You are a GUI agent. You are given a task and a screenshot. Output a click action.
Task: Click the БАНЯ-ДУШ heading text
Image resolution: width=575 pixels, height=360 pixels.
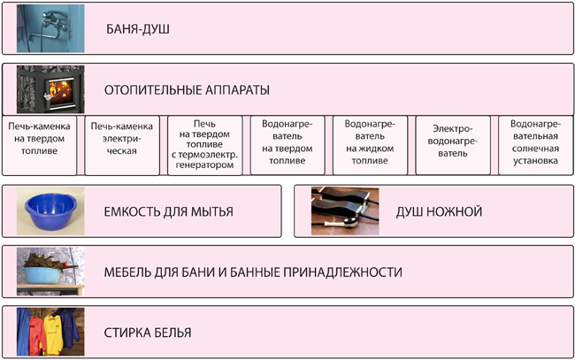138,29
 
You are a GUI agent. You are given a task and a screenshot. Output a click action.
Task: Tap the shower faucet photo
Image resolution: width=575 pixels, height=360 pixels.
50,28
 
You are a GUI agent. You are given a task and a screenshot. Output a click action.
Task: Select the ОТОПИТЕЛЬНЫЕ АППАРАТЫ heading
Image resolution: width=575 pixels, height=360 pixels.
187,90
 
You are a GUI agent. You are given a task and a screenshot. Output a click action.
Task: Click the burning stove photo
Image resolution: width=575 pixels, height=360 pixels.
50,89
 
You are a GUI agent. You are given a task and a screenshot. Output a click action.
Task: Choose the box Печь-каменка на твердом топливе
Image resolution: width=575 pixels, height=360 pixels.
39,145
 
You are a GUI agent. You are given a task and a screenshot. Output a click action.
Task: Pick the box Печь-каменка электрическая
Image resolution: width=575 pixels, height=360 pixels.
122,145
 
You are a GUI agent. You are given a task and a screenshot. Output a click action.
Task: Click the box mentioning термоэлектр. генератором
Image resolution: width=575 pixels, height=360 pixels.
204,145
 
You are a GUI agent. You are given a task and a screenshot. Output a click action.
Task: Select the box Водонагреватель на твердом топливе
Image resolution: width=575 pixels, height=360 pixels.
287,145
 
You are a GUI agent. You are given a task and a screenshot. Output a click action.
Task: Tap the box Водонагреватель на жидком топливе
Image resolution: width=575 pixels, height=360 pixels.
370,145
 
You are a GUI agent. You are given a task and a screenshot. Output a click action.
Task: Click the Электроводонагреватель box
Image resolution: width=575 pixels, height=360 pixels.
453,145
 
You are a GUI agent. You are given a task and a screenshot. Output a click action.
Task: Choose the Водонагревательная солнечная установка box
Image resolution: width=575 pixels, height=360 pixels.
536,145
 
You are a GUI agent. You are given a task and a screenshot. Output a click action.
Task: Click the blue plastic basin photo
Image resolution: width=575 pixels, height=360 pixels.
50,211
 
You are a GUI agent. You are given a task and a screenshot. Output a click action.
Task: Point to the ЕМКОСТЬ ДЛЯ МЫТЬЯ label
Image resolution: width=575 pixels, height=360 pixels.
169,211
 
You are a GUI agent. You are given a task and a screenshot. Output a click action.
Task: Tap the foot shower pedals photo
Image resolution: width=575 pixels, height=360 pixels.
345,211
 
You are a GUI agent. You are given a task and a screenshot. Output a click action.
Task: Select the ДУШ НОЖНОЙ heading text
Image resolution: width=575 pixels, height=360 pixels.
439,211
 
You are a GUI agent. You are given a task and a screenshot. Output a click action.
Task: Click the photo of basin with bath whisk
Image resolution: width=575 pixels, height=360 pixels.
50,272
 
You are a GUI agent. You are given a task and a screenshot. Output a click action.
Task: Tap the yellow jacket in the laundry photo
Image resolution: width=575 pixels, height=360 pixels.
54,334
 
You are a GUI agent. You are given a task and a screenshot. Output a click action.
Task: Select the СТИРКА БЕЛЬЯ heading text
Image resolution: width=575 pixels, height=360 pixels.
148,333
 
